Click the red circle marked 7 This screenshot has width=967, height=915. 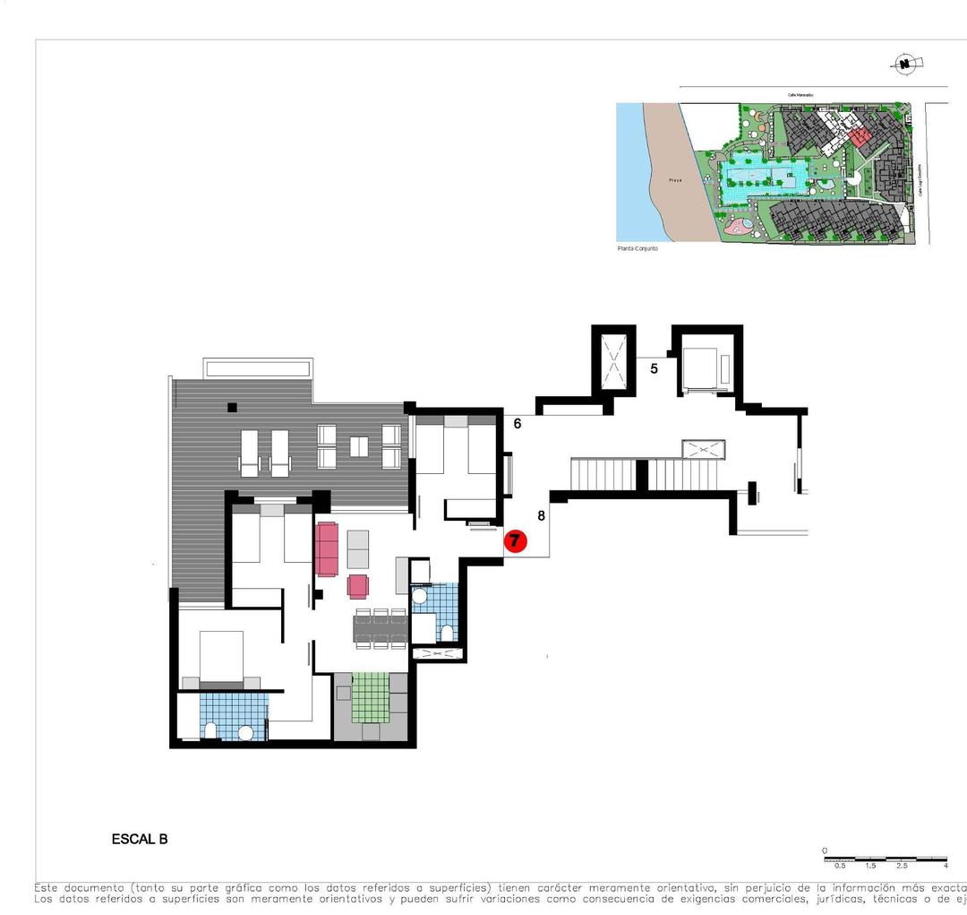[x=515, y=540]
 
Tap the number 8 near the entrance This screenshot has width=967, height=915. [x=541, y=515]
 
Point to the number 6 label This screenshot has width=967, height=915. [x=518, y=423]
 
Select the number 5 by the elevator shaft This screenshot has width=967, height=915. [x=654, y=367]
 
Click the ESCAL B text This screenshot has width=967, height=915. [x=139, y=840]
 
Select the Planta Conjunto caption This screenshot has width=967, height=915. [x=638, y=248]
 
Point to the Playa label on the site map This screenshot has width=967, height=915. [x=675, y=180]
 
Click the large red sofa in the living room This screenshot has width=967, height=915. [x=326, y=549]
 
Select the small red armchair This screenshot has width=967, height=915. [x=357, y=586]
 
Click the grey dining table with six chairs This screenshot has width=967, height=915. [x=381, y=628]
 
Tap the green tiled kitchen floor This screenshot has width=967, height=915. [x=371, y=696]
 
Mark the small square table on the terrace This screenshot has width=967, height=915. [x=359, y=445]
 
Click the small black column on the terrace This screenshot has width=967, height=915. [x=232, y=407]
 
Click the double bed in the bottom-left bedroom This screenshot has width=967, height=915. [x=220, y=659]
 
